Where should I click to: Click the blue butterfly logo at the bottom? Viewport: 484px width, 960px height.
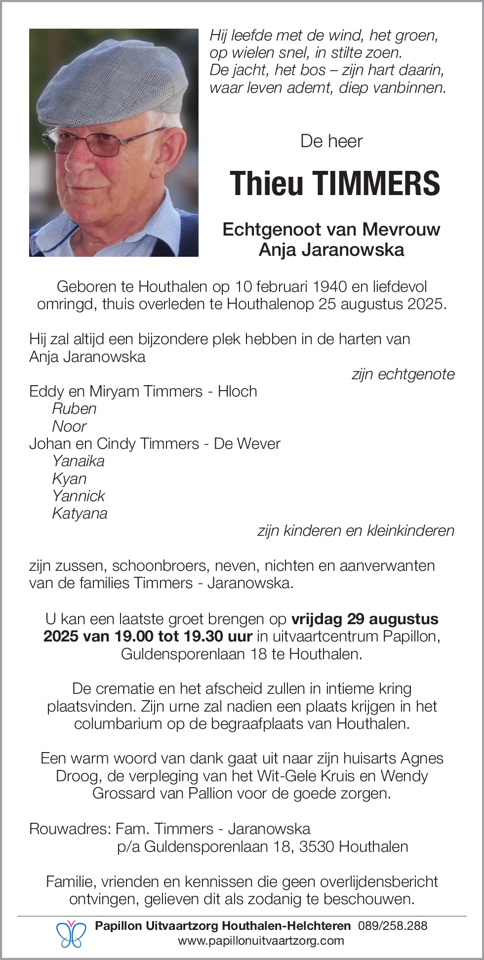tap(71, 933)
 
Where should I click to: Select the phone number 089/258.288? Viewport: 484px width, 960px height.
tap(393, 926)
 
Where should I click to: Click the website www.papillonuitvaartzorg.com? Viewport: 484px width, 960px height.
tap(261, 941)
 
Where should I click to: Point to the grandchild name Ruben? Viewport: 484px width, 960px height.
tap(74, 409)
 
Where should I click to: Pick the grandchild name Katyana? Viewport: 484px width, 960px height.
tap(80, 514)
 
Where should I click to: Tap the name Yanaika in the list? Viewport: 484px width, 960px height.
tap(78, 461)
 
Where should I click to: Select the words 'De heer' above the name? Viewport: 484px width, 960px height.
tap(331, 142)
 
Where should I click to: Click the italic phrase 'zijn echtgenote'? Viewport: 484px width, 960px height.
tap(403, 374)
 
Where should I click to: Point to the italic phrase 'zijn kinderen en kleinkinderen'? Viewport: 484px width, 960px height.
tap(356, 531)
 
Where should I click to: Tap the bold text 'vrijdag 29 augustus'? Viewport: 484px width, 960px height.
tap(365, 619)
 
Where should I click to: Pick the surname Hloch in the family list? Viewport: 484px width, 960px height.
tap(238, 392)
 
